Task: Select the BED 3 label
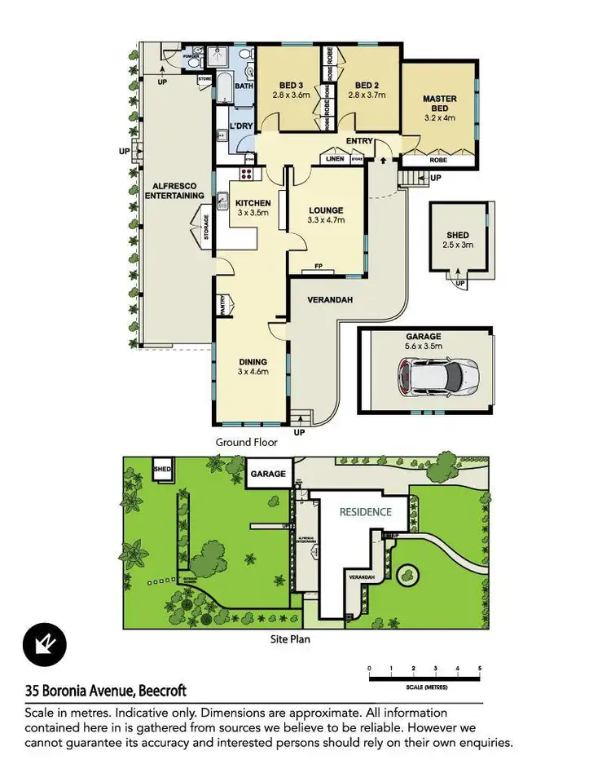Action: pos(291,86)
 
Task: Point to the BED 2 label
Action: pos(367,86)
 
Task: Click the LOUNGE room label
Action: pos(325,210)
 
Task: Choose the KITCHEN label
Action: pos(253,202)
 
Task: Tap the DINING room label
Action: pos(253,362)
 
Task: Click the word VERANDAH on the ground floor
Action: pos(329,301)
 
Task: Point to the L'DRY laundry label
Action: pos(241,126)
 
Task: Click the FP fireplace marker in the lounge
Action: pos(319,267)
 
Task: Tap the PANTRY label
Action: pos(222,304)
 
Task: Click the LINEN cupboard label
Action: pos(334,158)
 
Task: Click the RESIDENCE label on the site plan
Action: pos(366,512)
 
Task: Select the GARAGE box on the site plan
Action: pos(267,474)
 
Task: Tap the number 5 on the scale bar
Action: pos(480,669)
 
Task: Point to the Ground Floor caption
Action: pos(246,442)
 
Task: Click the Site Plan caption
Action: pos(289,639)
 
